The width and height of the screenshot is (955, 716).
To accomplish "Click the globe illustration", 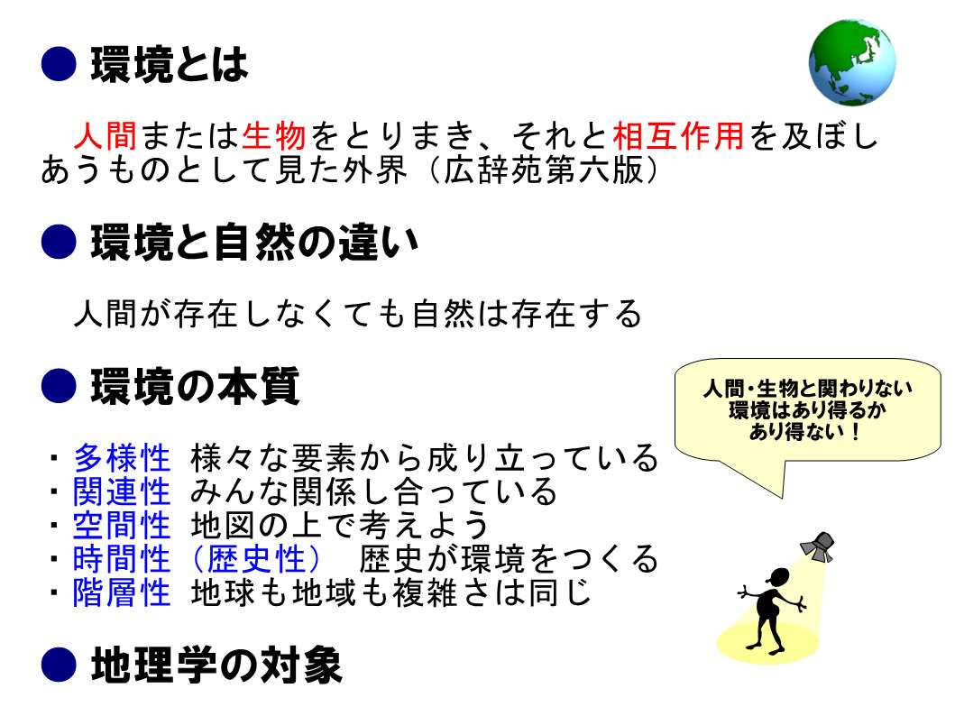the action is pyautogui.click(x=852, y=63).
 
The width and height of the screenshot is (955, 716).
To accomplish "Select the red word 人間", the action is pyautogui.click(x=106, y=135).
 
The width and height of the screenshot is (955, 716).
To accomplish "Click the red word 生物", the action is pyautogui.click(x=273, y=135).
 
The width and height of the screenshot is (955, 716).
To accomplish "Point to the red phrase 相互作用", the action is pyautogui.click(x=678, y=135).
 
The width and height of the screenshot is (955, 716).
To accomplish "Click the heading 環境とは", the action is pyautogui.click(x=170, y=65).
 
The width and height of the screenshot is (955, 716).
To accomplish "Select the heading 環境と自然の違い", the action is pyautogui.click(x=254, y=242).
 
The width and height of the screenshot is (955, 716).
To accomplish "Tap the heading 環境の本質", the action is pyautogui.click(x=195, y=386).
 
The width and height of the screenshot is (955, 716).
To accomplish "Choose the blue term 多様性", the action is pyautogui.click(x=122, y=458).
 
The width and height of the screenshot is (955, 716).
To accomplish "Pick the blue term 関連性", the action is pyautogui.click(x=122, y=491).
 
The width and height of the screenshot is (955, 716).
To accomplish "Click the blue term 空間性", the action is pyautogui.click(x=122, y=525).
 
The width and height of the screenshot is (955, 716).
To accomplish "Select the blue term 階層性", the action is pyautogui.click(x=122, y=592).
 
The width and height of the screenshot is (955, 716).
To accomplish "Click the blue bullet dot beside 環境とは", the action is pyautogui.click(x=59, y=64).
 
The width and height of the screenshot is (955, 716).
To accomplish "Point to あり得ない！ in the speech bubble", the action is pyautogui.click(x=805, y=432).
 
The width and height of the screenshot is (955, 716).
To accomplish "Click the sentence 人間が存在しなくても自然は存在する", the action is pyautogui.click(x=357, y=314).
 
